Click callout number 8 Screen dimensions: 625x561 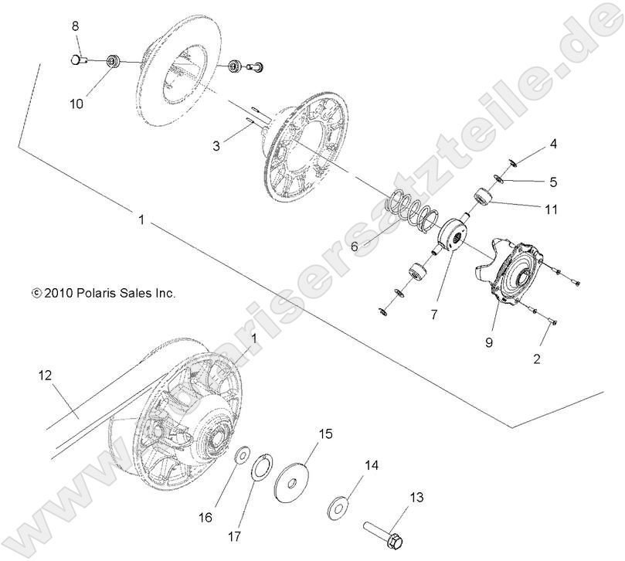pyautogui.click(x=75, y=26)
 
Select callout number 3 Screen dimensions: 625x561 pyautogui.click(x=217, y=145)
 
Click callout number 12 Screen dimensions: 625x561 pyautogui.click(x=45, y=376)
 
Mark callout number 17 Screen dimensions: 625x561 pyautogui.click(x=235, y=535)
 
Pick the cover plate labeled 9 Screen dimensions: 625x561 pyautogui.click(x=514, y=278)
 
